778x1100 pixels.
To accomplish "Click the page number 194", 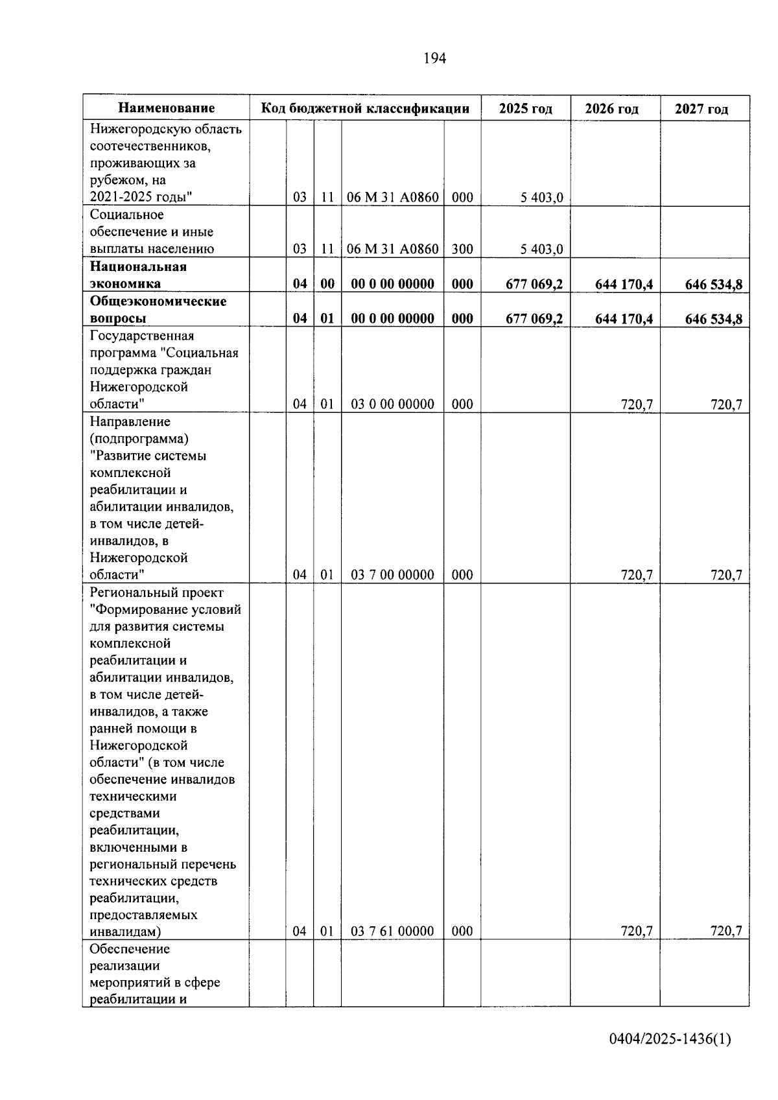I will point(434,59).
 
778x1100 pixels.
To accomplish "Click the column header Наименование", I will point(167,108).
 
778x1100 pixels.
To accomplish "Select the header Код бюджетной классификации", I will point(365,108).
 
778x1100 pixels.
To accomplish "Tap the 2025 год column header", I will point(525,108).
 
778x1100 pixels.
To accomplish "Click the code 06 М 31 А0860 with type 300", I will point(392,249).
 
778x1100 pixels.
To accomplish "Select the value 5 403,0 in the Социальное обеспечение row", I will point(541,250).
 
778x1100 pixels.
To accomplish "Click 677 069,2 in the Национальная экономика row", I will point(534,284).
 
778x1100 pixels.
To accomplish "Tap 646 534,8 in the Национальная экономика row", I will point(713,284).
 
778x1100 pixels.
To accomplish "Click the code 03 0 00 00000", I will point(392,404).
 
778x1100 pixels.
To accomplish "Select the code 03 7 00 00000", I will point(392,575).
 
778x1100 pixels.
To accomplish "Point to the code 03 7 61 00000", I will point(392,931).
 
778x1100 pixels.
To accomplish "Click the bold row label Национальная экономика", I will point(138,275).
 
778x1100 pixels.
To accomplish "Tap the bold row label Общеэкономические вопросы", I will point(158,310).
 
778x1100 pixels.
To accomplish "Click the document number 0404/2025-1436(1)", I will point(670,1040).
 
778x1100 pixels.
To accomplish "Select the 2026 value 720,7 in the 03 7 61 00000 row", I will point(636,931).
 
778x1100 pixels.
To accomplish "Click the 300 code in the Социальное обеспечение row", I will point(462,249).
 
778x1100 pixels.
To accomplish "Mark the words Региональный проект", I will point(156,592).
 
